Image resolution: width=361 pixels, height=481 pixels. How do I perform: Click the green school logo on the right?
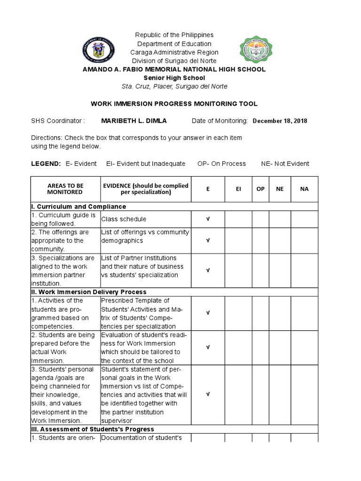(256, 50)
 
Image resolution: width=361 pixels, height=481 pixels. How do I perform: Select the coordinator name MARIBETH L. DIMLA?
(134, 121)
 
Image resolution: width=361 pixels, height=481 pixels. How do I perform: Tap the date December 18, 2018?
(280, 121)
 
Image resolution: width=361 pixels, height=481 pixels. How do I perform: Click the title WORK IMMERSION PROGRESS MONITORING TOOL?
(174, 104)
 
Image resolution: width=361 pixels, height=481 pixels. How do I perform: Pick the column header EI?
(238, 189)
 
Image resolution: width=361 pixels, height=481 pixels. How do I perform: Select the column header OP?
(260, 189)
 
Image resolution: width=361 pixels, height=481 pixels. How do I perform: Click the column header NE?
(280, 189)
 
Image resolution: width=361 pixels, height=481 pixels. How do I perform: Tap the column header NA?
(304, 189)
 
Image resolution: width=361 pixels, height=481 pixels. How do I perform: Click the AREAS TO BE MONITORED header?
(65, 189)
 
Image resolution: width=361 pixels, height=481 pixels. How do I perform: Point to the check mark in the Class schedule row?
(208, 219)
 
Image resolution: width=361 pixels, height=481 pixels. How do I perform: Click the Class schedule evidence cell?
(124, 219)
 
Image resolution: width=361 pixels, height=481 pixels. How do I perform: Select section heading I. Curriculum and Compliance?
(78, 207)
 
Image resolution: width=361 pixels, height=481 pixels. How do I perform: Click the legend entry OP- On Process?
(221, 163)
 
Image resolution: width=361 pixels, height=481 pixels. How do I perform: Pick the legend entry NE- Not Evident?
(285, 163)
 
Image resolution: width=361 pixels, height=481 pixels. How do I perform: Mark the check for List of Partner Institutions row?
(208, 271)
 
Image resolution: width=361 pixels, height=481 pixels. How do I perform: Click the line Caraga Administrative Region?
(174, 52)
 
